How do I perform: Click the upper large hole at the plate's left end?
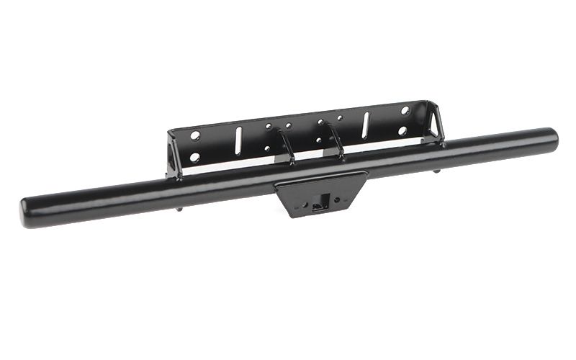[195, 135]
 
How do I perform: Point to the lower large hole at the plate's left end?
[194, 156]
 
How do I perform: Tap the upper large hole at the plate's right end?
[405, 111]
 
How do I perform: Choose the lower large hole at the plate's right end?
[404, 131]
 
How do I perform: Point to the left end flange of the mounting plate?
[171, 155]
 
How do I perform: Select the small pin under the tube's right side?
[438, 171]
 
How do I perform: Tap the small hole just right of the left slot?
[268, 127]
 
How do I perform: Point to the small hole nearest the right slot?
[340, 117]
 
